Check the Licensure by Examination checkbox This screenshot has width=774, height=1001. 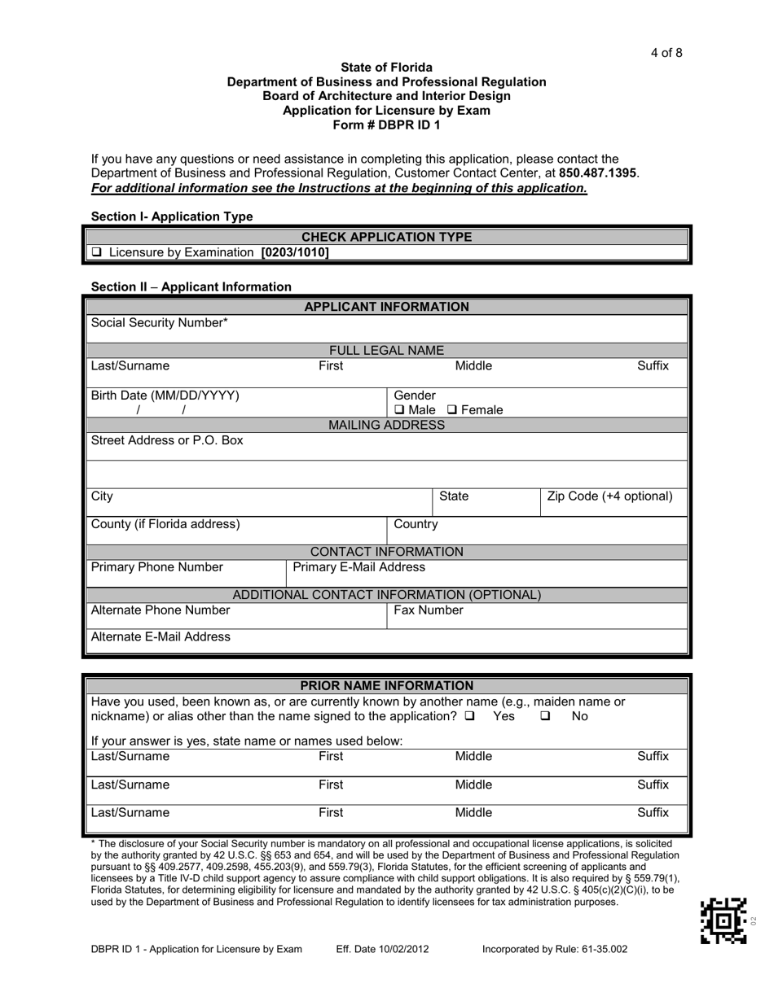[x=97, y=252]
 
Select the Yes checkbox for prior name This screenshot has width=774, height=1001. [x=470, y=716]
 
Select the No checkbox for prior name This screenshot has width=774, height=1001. [x=545, y=716]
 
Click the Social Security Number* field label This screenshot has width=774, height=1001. [x=160, y=323]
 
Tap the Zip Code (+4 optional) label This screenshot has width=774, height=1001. [x=610, y=496]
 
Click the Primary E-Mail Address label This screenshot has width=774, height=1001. [x=358, y=567]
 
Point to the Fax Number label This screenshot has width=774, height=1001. [x=429, y=610]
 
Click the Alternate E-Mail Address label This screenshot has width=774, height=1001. [x=161, y=637]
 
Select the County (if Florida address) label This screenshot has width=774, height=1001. [x=165, y=524]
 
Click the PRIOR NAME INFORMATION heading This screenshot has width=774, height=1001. [x=386, y=686]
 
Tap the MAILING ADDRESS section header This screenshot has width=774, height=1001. [x=386, y=426]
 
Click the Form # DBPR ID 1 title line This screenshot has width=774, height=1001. [x=386, y=125]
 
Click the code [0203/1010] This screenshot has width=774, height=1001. [x=295, y=252]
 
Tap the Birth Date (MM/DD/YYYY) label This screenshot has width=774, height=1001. [x=165, y=396]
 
